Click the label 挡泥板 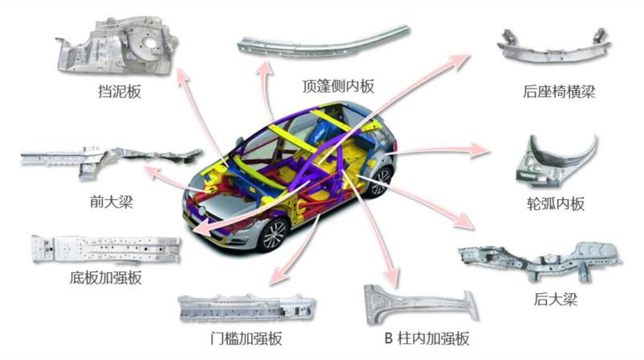click(119, 91)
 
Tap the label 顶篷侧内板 click(338, 86)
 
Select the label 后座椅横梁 click(559, 91)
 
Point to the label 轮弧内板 click(555, 204)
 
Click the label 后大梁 click(555, 299)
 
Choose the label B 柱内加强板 click(427, 338)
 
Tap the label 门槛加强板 click(246, 338)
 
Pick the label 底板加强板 click(105, 278)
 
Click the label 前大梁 click(111, 201)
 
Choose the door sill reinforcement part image click(246, 308)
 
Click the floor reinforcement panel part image click(105, 249)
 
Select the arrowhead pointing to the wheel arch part click(481, 150)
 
